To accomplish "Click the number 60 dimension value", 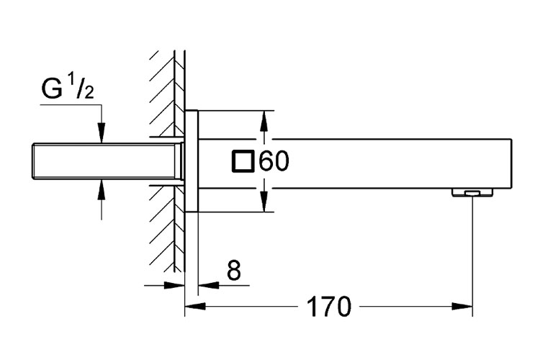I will tap(274, 161).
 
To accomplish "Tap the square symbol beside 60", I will tap(243, 161).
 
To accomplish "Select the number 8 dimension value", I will tap(233, 271).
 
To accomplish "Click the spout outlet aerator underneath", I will tap(472, 192).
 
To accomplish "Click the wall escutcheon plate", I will tap(191, 161).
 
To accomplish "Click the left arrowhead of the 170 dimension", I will tap(192, 307).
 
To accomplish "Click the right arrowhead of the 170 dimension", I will tap(467, 307).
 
